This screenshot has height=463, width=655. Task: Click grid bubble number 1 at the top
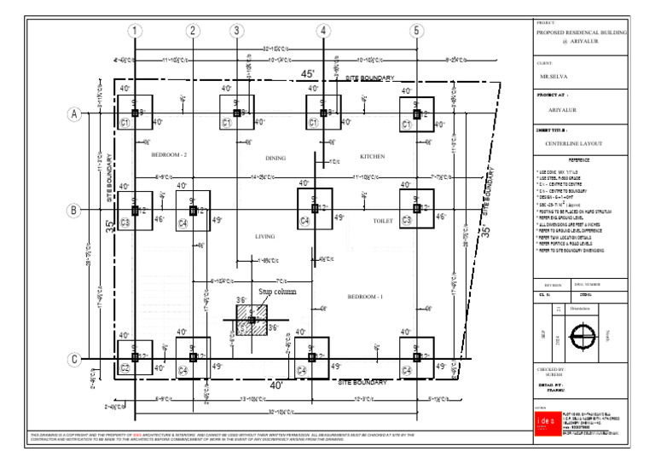135,32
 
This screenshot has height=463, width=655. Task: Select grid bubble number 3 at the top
236,32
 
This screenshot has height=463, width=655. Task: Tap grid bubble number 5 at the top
417,32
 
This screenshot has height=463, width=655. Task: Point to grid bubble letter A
72,113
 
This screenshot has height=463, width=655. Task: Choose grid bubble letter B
72,210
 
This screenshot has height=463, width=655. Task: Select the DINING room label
275,158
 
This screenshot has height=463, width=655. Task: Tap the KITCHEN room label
372,157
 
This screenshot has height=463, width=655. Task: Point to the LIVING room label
265,236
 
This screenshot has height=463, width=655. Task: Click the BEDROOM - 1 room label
366,296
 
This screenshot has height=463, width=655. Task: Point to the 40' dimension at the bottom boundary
277,385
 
